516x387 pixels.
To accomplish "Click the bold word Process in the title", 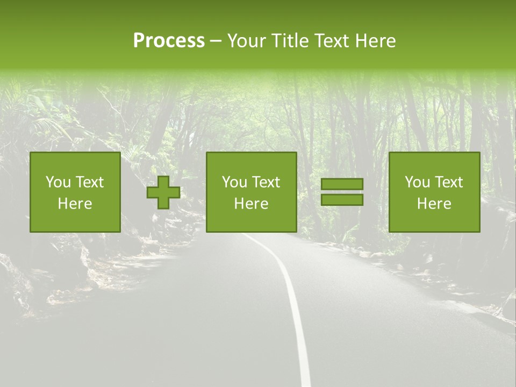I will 169,41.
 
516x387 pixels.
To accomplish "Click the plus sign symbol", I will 163,192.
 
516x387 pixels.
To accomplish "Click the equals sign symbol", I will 342,192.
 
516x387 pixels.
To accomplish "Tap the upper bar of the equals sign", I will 342,184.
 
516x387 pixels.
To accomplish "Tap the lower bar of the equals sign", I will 342,200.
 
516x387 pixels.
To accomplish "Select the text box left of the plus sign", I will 75,192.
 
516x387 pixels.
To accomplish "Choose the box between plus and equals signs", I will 251,192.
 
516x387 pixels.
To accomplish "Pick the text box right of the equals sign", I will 434,192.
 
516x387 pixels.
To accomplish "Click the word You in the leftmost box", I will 58,182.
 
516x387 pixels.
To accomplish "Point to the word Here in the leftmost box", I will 75,204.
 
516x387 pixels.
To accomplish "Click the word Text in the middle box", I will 266,182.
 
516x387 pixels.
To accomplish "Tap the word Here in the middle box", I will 251,204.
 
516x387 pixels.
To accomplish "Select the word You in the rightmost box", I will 417,182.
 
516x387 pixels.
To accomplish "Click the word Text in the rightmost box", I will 448,182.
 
